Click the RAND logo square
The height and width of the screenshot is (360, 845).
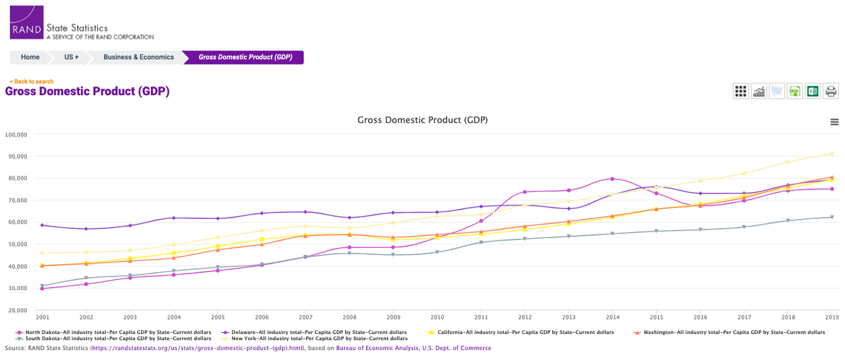click(27, 22)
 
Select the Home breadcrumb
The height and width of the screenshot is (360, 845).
click(30, 57)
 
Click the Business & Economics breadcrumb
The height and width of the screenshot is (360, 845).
click(138, 57)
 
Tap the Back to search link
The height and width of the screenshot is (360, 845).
click(31, 82)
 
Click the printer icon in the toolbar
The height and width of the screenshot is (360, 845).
click(830, 91)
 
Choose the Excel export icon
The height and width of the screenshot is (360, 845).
click(812, 91)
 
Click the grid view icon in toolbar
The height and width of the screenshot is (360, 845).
click(741, 91)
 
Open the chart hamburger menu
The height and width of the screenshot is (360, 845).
click(834, 122)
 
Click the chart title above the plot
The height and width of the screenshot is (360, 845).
click(422, 120)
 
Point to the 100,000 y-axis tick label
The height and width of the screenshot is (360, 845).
click(15, 134)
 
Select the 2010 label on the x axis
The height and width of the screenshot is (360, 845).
click(437, 317)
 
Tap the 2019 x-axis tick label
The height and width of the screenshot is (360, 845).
click(831, 317)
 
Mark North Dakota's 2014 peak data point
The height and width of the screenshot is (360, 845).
click(613, 179)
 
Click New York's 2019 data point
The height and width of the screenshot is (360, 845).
click(832, 154)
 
